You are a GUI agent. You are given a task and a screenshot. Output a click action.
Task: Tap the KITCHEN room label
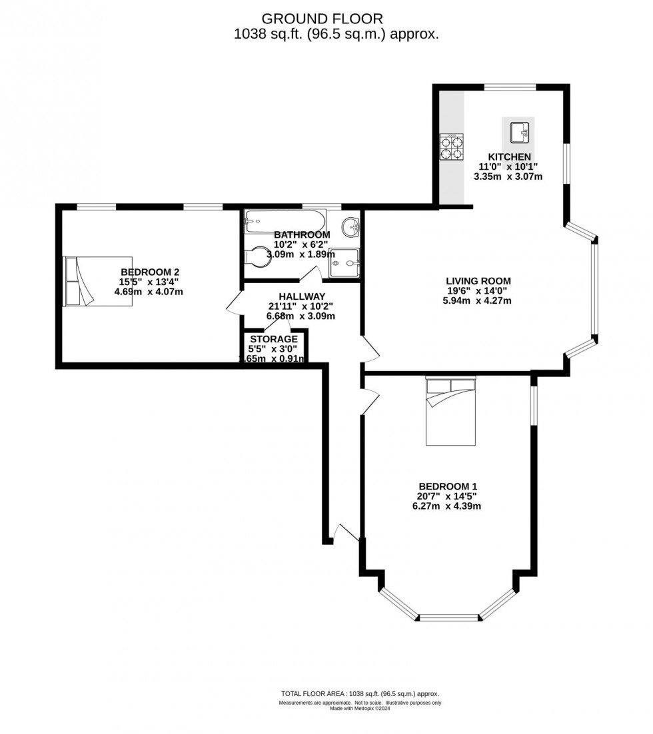(x=509, y=157)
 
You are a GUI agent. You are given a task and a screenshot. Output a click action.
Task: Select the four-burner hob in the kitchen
(x=452, y=147)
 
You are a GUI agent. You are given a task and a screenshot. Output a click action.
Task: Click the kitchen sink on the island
(x=520, y=133)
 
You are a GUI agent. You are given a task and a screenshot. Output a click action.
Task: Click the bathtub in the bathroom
(x=285, y=220)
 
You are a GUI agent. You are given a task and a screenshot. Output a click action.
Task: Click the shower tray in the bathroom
(x=344, y=262)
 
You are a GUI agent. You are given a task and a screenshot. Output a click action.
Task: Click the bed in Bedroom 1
(x=451, y=410)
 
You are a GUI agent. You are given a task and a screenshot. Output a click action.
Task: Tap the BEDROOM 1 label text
(x=447, y=486)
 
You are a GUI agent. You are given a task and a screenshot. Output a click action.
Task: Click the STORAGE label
(x=274, y=339)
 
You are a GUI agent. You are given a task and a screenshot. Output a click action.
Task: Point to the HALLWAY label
(x=302, y=296)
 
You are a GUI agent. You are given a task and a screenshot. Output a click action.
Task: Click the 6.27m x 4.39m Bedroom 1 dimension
(x=446, y=506)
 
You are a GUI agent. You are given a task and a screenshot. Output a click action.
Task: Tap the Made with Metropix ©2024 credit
(x=359, y=708)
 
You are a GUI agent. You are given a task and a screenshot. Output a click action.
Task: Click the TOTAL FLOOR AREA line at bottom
(x=359, y=693)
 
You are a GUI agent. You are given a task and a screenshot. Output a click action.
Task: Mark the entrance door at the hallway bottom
(x=346, y=533)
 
